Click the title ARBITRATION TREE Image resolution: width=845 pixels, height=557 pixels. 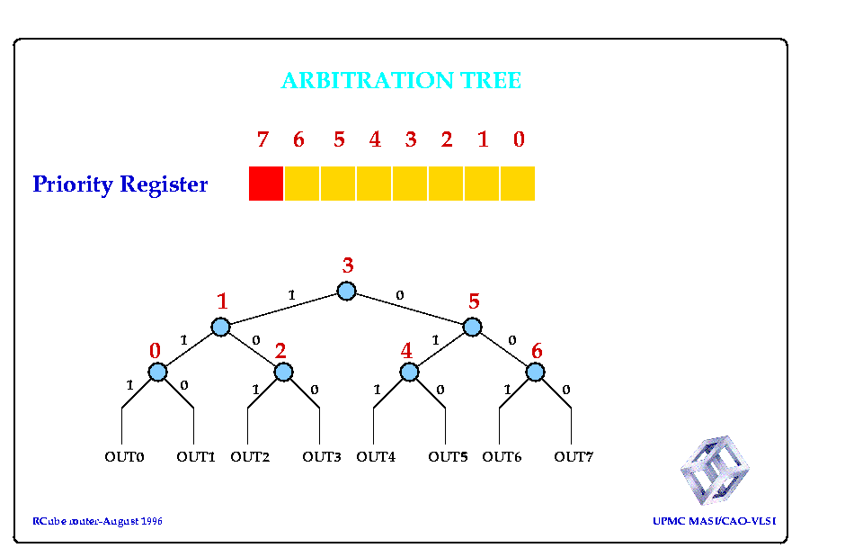[401, 81]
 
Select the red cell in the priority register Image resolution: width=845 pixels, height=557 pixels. [266, 184]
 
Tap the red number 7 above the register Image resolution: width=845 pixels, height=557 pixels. [262, 139]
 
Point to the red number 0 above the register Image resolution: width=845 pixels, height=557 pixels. [519, 139]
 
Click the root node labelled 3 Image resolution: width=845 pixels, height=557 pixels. [346, 292]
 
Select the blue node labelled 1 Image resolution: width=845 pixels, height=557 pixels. [220, 327]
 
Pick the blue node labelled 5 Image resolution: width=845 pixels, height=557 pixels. [472, 327]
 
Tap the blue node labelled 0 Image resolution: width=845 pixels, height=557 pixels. [157, 372]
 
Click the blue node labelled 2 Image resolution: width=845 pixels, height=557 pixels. [283, 372]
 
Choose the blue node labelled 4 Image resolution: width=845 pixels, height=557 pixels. [409, 372]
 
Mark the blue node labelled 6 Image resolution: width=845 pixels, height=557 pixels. [535, 372]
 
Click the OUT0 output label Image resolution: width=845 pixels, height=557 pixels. [124, 457]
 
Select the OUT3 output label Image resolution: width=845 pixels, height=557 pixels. [322, 457]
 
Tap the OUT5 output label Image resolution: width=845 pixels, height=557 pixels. [448, 457]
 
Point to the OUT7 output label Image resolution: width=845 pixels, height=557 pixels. [574, 457]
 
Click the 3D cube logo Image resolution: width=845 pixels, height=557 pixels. [716, 471]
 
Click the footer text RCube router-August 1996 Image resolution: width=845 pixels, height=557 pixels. [98, 521]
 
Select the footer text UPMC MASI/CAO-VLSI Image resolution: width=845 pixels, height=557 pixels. [715, 521]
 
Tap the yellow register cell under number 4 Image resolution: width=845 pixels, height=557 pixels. [374, 184]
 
